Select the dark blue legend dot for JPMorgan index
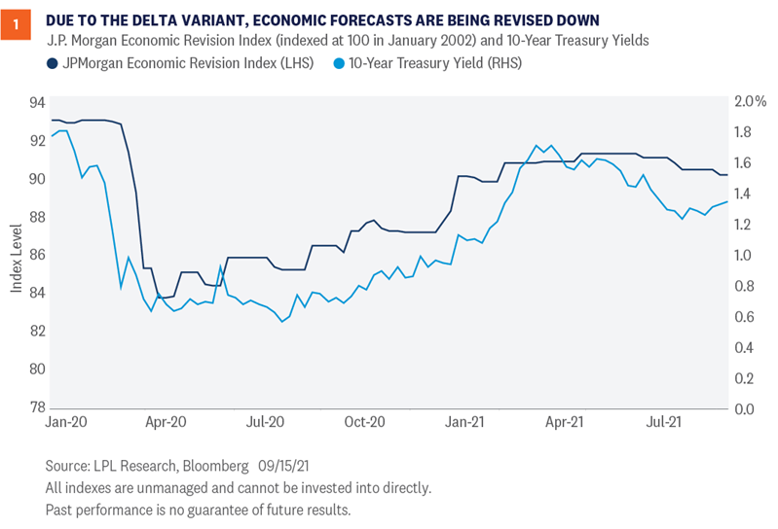click(x=54, y=63)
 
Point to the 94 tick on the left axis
click(x=37, y=102)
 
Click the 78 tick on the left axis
click(x=37, y=407)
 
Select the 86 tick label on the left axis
click(x=37, y=255)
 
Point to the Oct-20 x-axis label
click(x=364, y=423)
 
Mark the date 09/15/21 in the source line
click(x=261, y=466)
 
